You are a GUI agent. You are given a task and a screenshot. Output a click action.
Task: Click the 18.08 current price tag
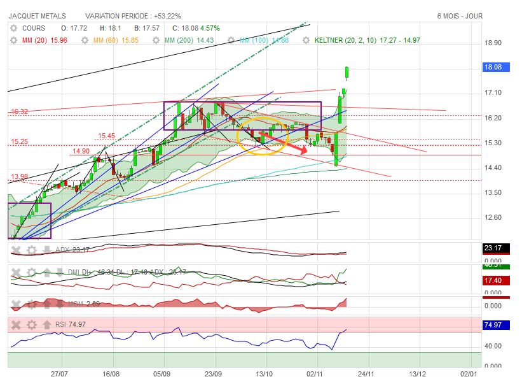pos(494,67)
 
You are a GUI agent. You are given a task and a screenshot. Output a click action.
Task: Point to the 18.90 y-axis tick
pos(493,43)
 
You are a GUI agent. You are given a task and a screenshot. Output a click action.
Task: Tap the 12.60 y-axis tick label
pos(493,218)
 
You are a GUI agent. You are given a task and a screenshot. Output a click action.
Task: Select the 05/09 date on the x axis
pos(163,376)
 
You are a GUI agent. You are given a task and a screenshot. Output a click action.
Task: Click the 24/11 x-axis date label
pos(365,376)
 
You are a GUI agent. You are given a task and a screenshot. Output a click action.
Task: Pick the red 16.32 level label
pos(19,112)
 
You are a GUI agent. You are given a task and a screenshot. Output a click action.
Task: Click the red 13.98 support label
pos(19,177)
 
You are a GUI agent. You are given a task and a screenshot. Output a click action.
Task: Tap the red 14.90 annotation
pos(81,152)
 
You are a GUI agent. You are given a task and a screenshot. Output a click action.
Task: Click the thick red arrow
pos(286,144)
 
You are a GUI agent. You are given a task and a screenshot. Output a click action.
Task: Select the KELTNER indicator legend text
pos(367,40)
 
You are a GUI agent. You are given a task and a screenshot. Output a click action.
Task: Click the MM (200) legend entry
pos(188,40)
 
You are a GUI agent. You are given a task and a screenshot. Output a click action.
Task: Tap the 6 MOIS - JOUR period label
pos(460,15)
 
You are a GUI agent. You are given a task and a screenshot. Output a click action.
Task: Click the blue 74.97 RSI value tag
pos(494,324)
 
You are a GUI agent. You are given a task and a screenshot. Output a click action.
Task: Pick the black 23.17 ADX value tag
pos(494,248)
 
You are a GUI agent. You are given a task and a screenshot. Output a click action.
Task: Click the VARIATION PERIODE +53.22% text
pos(132,15)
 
